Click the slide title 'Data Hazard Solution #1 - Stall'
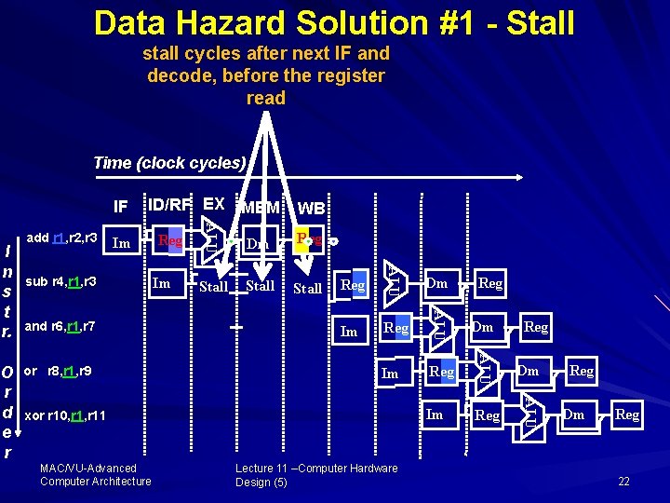click(x=334, y=22)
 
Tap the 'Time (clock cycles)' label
click(x=169, y=163)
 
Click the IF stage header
click(x=121, y=206)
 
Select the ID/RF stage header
click(x=168, y=204)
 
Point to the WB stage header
click(x=310, y=207)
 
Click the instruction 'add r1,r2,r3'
click(x=63, y=238)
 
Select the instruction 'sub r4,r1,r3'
click(x=60, y=281)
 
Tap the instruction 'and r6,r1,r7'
click(x=60, y=327)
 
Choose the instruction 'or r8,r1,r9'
click(x=58, y=371)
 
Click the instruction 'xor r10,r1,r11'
click(x=65, y=415)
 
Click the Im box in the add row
click(x=121, y=244)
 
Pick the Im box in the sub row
click(x=162, y=283)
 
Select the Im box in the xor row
click(x=435, y=415)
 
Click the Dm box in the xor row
click(x=574, y=415)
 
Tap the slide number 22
click(x=623, y=481)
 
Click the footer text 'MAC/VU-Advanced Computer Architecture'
click(x=95, y=474)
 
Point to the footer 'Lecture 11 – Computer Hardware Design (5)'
click(x=316, y=474)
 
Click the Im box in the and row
click(x=349, y=332)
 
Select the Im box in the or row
click(x=391, y=374)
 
